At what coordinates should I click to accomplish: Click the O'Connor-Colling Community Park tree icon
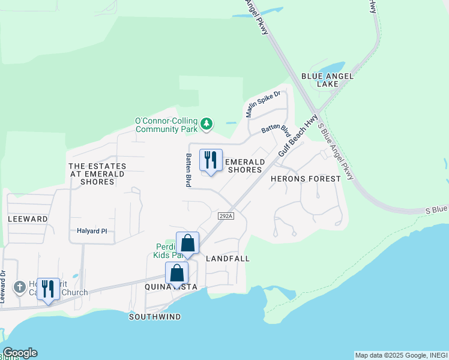click(x=206, y=124)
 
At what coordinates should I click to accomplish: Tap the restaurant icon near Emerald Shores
click(x=211, y=160)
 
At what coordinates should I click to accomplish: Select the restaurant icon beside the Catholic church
click(x=47, y=289)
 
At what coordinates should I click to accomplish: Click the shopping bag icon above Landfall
click(x=187, y=243)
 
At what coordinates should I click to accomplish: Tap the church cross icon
click(x=19, y=287)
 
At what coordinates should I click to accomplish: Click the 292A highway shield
click(x=225, y=216)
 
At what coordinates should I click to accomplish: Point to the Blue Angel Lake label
click(x=327, y=80)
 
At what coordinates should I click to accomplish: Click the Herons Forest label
click(x=306, y=179)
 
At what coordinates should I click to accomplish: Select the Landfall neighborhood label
click(x=227, y=259)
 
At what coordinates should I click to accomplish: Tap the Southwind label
click(x=154, y=317)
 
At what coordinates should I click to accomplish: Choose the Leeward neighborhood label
click(x=28, y=219)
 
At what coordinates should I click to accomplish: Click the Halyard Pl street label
click(x=91, y=230)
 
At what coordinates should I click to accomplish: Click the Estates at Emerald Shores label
click(x=97, y=173)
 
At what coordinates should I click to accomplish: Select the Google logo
click(x=20, y=353)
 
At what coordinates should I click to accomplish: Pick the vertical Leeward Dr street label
click(x=3, y=286)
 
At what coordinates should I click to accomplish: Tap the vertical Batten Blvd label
click(x=188, y=170)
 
